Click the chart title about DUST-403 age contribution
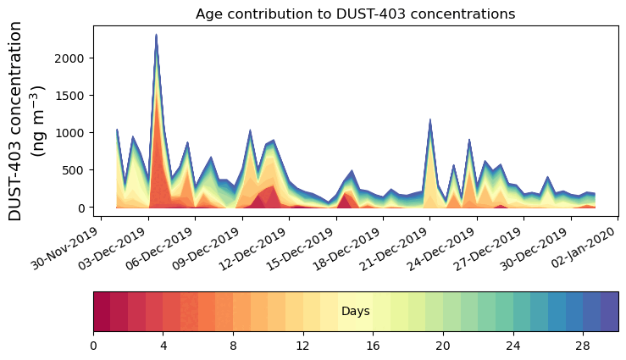pyautogui.click(x=355, y=14)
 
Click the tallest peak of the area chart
pyautogui.click(x=157, y=36)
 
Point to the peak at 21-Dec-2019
pyautogui.click(x=430, y=120)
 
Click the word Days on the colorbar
pyautogui.click(x=355, y=312)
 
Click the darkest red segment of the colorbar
pyautogui.click(x=102, y=312)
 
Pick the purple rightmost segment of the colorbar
pyautogui.click(x=609, y=312)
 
